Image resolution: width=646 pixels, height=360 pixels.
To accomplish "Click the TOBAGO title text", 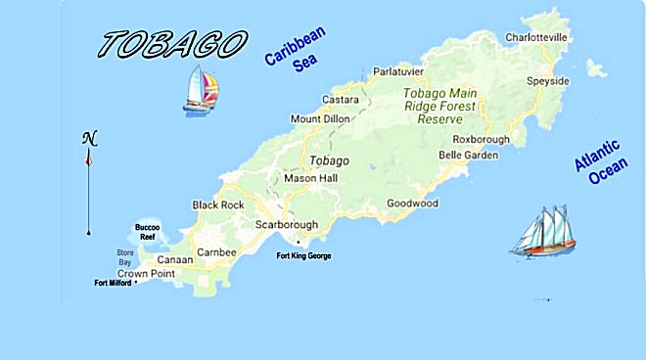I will coord(172,43).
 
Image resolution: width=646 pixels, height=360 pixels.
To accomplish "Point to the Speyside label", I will coord(547,80).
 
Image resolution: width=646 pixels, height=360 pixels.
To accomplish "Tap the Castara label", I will coord(340,100).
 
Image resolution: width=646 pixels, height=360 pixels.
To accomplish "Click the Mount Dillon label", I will coord(319,119).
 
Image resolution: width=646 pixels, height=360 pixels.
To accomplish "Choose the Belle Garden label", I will coord(468,155).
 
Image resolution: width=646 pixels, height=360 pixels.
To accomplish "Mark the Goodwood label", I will coord(412,203).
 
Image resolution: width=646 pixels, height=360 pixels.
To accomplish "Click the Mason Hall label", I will coord(309,179).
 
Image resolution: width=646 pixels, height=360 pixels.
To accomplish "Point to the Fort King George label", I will coord(304,255).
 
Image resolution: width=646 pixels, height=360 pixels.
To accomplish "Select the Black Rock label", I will coord(217,204).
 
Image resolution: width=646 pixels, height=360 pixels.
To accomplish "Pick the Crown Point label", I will coord(145,273).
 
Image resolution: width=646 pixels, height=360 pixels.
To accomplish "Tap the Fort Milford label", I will coord(113,284).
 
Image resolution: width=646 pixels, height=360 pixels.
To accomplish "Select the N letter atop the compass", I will coord(88,137).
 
